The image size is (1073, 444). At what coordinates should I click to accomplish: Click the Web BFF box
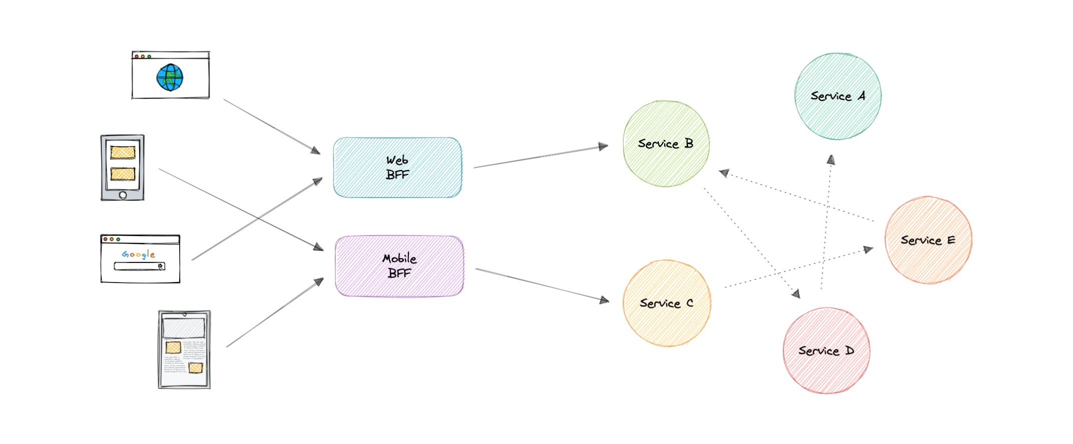(397, 167)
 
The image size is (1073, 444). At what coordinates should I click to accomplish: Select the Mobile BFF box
(399, 266)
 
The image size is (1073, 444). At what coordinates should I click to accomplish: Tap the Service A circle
(838, 96)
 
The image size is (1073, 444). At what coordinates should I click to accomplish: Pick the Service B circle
(666, 143)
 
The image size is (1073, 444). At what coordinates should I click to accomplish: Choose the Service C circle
(666, 303)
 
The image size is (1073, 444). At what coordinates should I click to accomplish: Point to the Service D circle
(826, 350)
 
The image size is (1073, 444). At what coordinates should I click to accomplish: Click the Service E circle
(928, 240)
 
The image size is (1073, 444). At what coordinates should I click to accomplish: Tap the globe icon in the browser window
(170, 77)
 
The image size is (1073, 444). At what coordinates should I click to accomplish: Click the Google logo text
(139, 254)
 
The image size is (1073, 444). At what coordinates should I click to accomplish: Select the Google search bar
(139, 266)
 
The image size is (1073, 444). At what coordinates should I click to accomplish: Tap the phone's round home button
(123, 195)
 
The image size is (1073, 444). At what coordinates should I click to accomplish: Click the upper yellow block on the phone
(123, 152)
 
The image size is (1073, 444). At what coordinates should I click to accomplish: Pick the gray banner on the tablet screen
(184, 327)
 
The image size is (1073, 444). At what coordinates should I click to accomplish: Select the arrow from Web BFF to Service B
(541, 156)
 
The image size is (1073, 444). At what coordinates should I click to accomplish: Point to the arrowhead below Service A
(831, 160)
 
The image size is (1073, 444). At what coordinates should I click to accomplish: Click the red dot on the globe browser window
(137, 56)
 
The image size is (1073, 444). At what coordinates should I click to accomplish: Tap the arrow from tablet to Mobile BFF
(275, 312)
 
